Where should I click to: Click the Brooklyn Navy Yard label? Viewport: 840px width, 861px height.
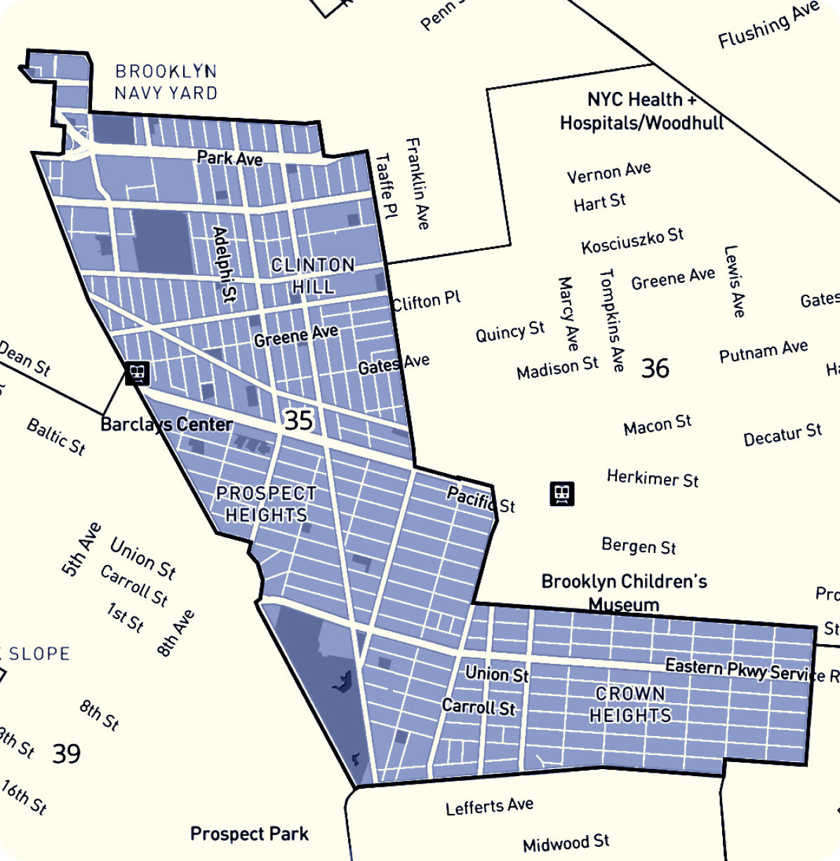click(166, 82)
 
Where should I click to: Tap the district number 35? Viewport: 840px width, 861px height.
click(298, 420)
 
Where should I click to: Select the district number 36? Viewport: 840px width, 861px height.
click(655, 368)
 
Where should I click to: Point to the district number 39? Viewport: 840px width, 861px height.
click(67, 754)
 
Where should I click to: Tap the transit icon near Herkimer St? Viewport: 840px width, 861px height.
click(562, 493)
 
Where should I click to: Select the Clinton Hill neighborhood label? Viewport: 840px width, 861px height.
click(313, 276)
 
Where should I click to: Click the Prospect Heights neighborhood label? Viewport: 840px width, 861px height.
click(266, 504)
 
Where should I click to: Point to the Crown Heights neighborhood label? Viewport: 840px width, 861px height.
click(630, 705)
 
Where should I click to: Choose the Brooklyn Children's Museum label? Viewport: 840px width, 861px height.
click(624, 592)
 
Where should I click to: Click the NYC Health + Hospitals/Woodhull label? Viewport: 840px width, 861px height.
click(641, 111)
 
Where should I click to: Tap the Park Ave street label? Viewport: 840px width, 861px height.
click(229, 158)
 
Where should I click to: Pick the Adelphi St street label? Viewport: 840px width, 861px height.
click(225, 264)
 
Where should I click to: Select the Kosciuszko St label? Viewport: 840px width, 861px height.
click(632, 241)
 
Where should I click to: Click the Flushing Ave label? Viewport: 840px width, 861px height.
click(768, 25)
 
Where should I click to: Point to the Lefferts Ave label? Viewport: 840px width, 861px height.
click(489, 807)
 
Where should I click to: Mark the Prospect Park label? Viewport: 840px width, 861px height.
click(249, 834)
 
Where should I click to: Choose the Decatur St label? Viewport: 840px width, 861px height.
click(782, 434)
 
